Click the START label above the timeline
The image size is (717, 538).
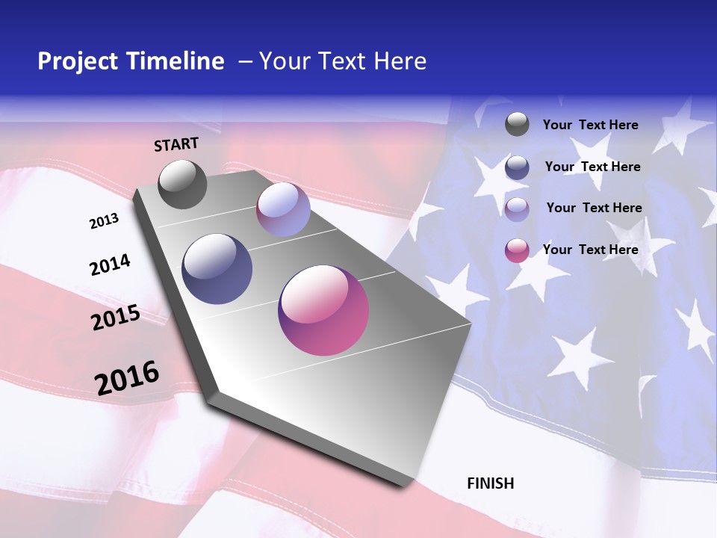pos(176,144)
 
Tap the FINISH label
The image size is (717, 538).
pos(490,483)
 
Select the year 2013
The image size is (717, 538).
pos(104,221)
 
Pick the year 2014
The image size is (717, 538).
pos(110,265)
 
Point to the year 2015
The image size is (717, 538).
pos(116,318)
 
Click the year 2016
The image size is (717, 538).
pos(127,378)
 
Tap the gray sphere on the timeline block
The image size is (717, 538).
pos(183,185)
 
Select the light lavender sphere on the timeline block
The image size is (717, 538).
pos(283,210)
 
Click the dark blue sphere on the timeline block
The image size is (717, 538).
pos(217,269)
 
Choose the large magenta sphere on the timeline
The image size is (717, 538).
pos(323,310)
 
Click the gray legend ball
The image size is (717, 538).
pos(517,124)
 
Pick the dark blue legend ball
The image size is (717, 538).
pos(517,167)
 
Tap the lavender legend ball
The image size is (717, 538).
pos(517,209)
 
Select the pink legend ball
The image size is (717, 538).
pos(517,250)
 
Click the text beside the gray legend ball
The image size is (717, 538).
pos(590,125)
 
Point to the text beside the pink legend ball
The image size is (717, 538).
pos(590,250)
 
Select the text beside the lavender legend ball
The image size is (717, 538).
pos(594,208)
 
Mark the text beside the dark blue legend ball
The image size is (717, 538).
pos(592,167)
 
